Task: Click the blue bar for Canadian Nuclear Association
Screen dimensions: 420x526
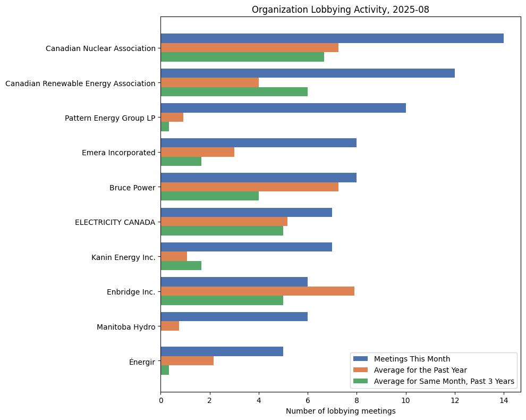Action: point(332,38)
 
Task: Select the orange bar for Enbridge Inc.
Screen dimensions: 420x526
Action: point(257,291)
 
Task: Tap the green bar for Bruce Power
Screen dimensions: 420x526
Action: point(209,196)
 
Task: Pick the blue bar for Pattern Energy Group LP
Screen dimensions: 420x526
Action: point(283,108)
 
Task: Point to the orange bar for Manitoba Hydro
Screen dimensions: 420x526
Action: point(169,326)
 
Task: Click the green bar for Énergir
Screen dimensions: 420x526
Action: point(165,370)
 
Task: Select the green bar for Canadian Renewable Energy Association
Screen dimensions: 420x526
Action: point(234,91)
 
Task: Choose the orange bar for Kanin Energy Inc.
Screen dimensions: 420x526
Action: point(174,256)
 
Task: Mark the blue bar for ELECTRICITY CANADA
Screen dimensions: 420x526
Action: point(246,213)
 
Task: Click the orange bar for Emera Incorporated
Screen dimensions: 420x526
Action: point(197,152)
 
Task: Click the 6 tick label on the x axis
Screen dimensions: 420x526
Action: point(308,400)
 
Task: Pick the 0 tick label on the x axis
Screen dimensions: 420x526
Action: point(160,400)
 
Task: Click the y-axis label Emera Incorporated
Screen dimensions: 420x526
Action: point(118,153)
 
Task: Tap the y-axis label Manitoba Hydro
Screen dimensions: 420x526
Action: point(126,327)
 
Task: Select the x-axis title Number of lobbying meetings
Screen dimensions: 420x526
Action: point(341,411)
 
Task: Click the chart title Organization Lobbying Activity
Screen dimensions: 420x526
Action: point(340,9)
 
